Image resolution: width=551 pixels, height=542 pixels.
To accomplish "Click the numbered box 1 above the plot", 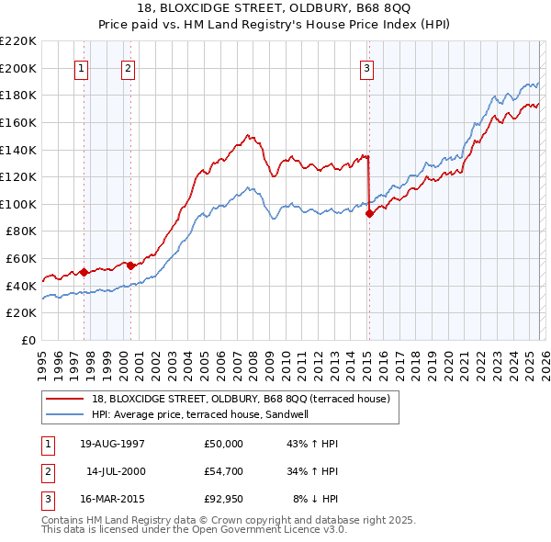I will (82, 68).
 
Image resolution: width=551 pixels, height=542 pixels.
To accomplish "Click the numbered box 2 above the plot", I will (128, 68).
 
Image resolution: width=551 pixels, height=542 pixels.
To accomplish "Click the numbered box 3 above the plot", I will (366, 68).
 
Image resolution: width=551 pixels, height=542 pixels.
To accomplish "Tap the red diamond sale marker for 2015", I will (369, 213).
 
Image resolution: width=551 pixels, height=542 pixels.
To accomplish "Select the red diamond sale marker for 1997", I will (84, 272).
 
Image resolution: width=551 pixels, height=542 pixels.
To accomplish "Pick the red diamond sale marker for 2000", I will (130, 265).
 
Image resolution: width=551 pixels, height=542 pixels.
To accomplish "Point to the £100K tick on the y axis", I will (20, 204).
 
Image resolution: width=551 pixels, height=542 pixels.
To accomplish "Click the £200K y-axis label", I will (20, 68).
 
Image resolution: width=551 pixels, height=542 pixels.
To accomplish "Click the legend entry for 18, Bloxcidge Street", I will (241, 399).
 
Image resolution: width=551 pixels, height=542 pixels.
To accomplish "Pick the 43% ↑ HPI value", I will (313, 444).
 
